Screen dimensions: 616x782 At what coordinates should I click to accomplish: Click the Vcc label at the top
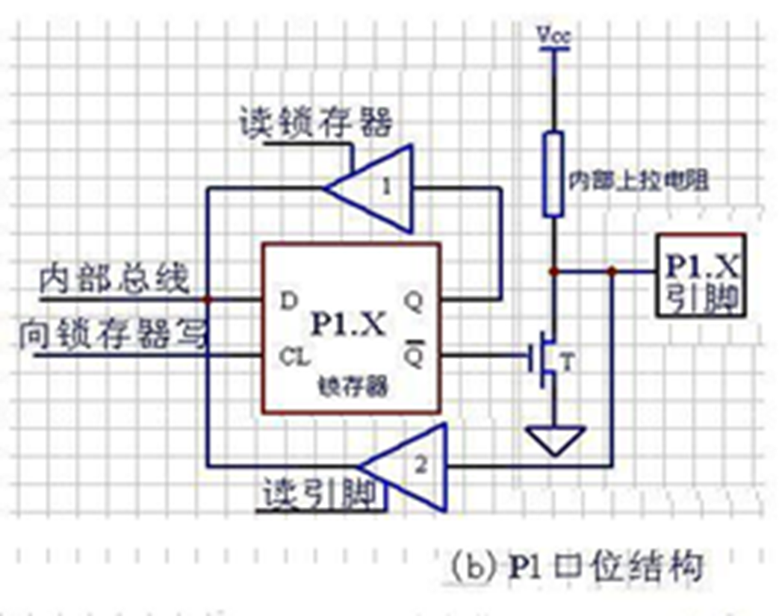[553, 35]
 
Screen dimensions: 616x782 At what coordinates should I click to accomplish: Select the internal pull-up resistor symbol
[553, 173]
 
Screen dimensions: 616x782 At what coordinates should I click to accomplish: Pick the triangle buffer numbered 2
[411, 467]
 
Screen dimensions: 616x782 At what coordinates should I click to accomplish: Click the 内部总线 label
[114, 280]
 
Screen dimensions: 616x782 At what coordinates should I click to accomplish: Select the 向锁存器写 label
[112, 334]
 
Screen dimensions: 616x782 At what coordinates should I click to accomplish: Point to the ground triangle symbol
[553, 440]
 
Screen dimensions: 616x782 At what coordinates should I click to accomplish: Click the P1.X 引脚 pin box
[700, 274]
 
